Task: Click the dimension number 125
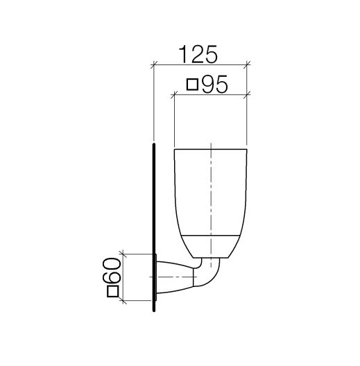(x=198, y=54)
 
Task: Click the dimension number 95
(x=214, y=85)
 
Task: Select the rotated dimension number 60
(x=112, y=270)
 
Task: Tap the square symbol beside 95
(x=193, y=85)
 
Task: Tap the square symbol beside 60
(x=113, y=291)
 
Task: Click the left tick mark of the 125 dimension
(x=153, y=64)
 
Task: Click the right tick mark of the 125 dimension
(x=247, y=64)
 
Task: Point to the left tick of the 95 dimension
(x=174, y=95)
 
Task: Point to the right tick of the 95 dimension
(x=247, y=95)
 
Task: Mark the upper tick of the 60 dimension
(x=123, y=254)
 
